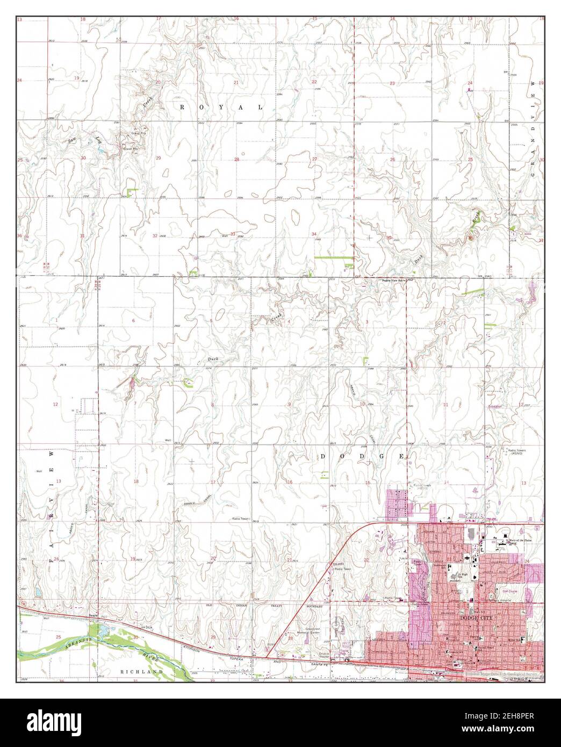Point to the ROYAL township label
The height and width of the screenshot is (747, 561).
tap(221, 107)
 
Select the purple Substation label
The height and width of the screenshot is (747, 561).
tap(495, 406)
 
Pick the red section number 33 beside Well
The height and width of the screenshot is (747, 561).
tap(233, 233)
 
